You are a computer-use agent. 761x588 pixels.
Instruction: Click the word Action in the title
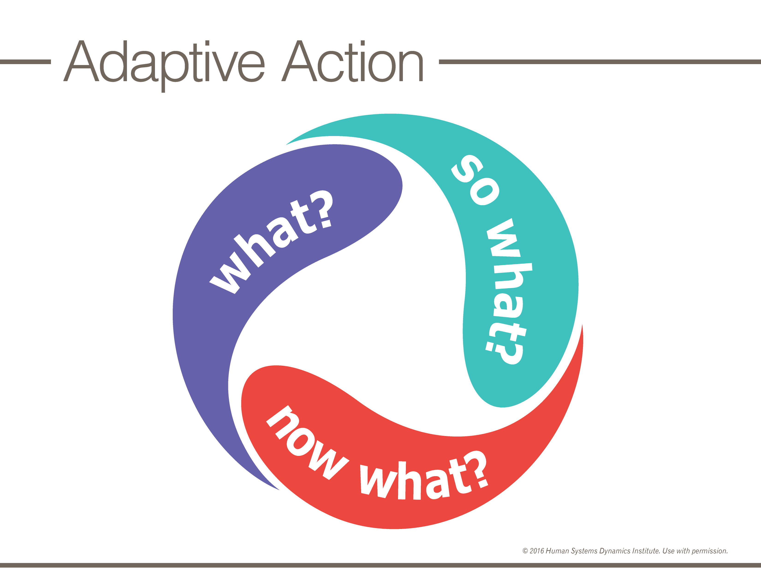352,61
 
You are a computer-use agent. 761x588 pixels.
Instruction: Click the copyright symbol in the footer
525,551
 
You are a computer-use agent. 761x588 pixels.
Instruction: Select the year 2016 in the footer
537,551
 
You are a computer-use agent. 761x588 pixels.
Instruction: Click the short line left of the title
25,62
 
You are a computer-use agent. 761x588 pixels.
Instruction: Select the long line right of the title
600,62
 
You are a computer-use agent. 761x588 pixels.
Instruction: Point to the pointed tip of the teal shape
286,144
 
